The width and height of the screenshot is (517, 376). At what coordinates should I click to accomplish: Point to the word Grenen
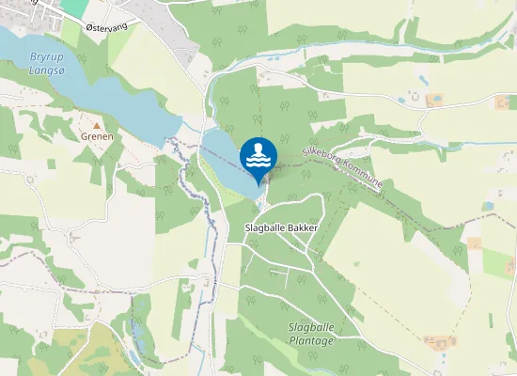(96, 136)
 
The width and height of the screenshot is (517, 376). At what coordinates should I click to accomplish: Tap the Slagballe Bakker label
(281, 228)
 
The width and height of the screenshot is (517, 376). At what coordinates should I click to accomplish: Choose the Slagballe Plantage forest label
(311, 334)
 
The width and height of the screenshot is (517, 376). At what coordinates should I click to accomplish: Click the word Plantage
(311, 340)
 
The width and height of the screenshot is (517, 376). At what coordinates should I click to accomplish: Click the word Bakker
(304, 228)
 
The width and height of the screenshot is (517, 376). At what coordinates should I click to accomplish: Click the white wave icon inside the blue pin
(258, 156)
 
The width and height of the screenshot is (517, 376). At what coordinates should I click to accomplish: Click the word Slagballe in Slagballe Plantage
(311, 327)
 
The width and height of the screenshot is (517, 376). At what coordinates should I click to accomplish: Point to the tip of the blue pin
(258, 184)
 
